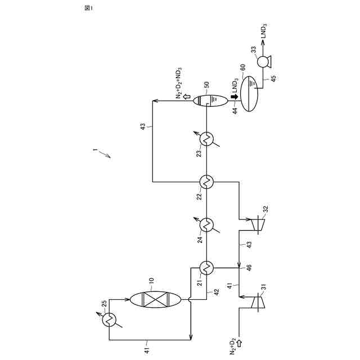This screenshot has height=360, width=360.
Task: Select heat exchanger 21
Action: (x=206, y=267)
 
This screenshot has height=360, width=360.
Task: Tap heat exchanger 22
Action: (x=206, y=182)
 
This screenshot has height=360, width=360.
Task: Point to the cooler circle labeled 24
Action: (x=206, y=224)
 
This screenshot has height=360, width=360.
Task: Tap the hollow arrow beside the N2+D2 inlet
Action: (x=239, y=342)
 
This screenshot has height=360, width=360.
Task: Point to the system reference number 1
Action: (x=96, y=150)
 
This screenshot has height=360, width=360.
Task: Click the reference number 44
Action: (x=234, y=111)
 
